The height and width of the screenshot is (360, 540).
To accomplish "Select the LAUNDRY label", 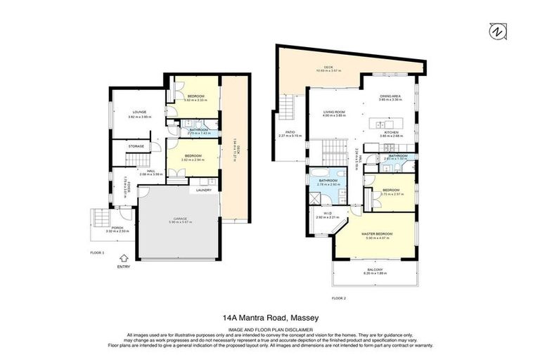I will pos(205,190).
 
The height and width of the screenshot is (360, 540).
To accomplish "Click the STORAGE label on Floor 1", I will pos(136,146).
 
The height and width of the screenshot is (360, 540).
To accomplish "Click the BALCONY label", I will pos(373,271).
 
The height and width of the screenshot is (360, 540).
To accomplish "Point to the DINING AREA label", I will pos(390,98).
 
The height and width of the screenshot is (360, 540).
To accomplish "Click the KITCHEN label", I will pos(390,133).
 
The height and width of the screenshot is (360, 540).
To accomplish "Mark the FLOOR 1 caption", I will pos(97,252).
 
